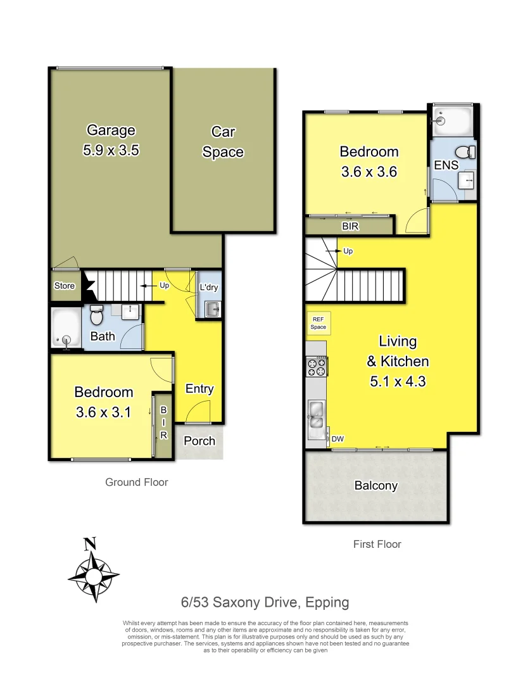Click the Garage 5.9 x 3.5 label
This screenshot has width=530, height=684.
111,140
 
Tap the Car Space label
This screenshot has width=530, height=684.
223,142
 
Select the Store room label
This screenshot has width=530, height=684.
65,286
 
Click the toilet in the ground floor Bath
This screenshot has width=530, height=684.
96,314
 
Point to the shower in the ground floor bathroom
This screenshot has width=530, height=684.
66,328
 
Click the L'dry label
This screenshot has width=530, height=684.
209,288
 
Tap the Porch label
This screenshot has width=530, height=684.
199,441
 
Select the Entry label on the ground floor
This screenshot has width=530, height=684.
199,389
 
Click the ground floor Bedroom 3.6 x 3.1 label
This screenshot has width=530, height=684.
103,402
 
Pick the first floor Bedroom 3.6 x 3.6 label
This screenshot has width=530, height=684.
369,161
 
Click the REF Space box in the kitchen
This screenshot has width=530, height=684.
318,324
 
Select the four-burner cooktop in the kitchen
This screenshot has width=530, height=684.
316,366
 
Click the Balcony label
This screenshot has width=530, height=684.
375,486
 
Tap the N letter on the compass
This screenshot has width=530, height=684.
90,543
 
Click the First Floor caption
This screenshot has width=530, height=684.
377,543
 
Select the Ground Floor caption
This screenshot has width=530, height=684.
136,482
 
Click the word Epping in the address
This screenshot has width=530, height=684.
325,602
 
